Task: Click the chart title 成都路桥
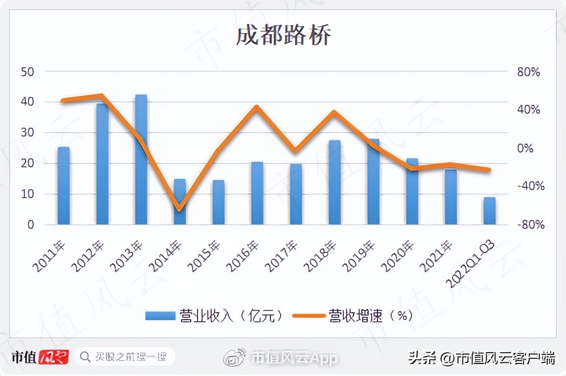283,35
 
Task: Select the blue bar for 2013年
141,160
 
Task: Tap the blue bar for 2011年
64,186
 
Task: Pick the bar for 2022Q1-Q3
489,211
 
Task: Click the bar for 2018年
335,182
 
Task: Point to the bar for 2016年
257,193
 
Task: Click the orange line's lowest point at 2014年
179,209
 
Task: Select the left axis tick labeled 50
27,72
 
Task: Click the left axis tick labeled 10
27,194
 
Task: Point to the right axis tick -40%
527,186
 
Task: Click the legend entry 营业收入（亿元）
214,315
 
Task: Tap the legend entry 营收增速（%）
353,315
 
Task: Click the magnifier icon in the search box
85,357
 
